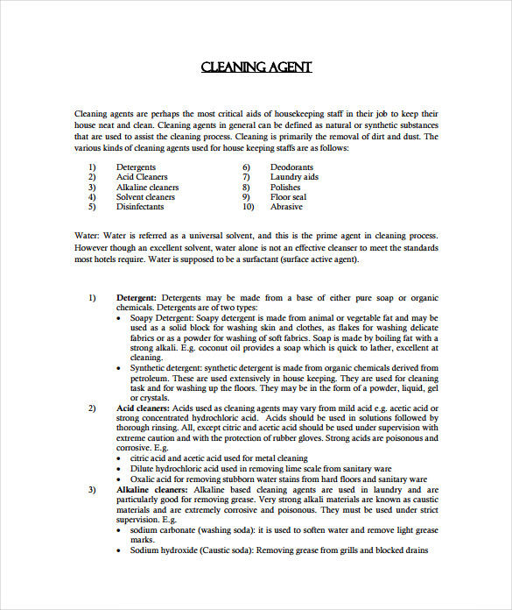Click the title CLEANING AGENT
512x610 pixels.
[256, 67]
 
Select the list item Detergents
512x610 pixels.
[136, 167]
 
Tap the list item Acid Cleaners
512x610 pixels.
[141, 177]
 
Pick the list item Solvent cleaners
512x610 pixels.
[145, 197]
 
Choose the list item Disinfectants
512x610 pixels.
[139, 207]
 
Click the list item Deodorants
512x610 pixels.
[291, 167]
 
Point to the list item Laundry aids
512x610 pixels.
[294, 177]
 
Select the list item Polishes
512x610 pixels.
[285, 187]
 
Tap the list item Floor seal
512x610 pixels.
[288, 197]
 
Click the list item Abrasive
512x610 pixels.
[286, 207]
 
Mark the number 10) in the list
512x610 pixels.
[248, 207]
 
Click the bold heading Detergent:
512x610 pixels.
[137, 298]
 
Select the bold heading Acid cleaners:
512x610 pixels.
[143, 408]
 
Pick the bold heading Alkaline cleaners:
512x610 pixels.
[151, 489]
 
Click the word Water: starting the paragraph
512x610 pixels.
[87, 237]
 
